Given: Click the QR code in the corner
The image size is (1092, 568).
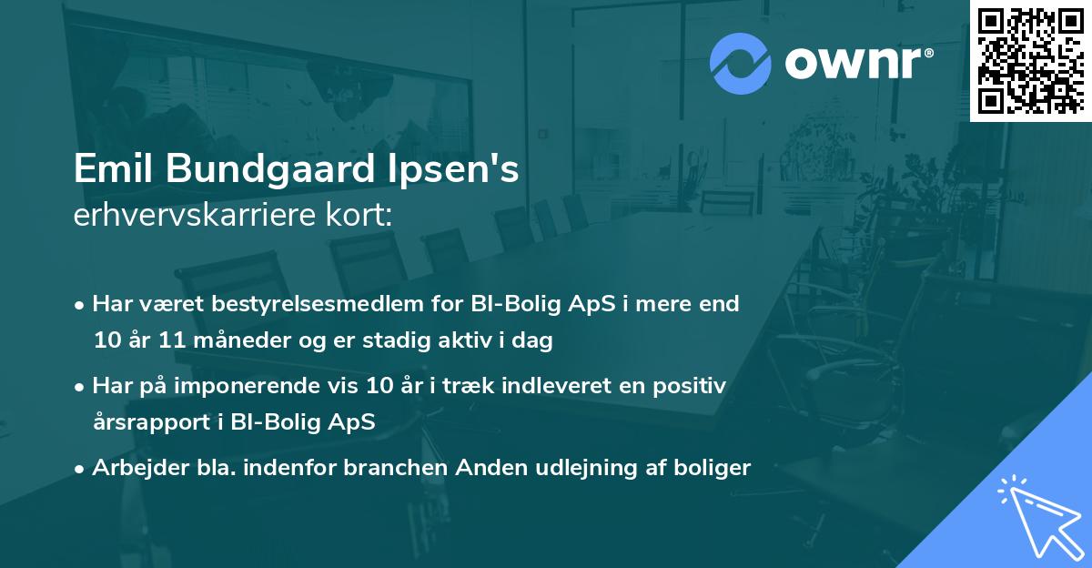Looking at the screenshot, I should (x=1030, y=61).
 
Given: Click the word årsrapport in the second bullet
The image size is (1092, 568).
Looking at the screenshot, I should (x=142, y=422).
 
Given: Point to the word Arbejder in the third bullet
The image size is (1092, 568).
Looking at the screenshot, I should (x=131, y=468).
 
